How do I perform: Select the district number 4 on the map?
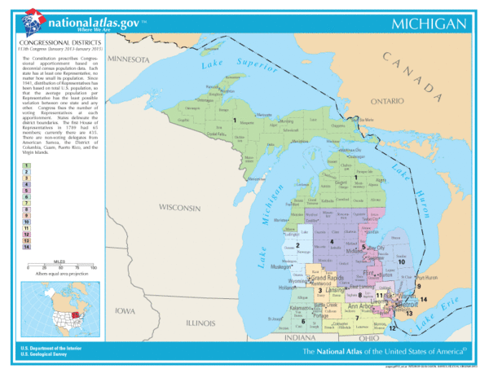pos(331,242)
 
